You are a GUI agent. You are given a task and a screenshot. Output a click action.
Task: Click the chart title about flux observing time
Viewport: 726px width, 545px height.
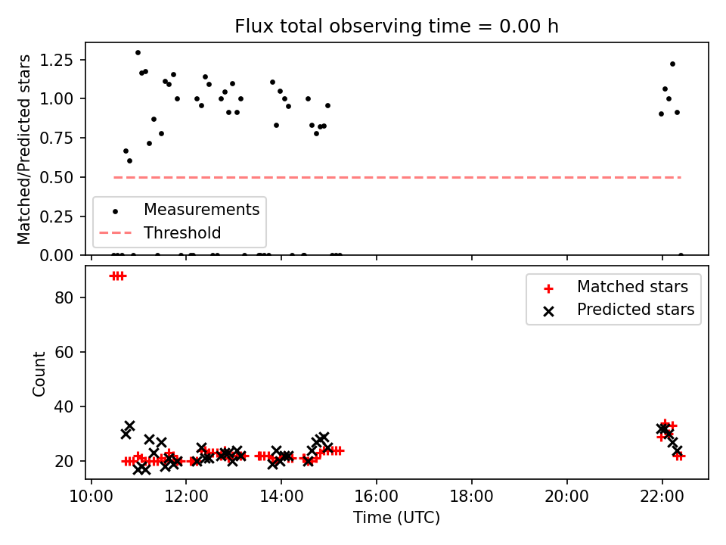pyautogui.click(x=396, y=26)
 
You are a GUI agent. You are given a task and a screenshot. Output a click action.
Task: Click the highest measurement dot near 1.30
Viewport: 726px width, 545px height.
pyautogui.click(x=138, y=53)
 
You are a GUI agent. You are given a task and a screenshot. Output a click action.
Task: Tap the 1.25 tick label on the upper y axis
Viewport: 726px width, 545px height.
pyautogui.click(x=56, y=60)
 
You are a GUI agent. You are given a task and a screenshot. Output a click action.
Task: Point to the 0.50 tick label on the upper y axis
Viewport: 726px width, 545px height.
pyautogui.click(x=56, y=177)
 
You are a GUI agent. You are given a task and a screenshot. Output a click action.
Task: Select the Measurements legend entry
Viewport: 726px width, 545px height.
pyautogui.click(x=180, y=210)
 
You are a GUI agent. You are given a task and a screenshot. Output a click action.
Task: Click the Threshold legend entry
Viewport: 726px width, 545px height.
pyautogui.click(x=160, y=232)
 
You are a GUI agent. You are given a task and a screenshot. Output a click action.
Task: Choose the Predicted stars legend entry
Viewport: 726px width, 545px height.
pyautogui.click(x=619, y=310)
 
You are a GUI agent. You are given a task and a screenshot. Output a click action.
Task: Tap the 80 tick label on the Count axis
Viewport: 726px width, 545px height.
pyautogui.click(x=64, y=297)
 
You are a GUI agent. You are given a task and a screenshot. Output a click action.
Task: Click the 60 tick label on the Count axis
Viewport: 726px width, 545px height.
pyautogui.click(x=64, y=352)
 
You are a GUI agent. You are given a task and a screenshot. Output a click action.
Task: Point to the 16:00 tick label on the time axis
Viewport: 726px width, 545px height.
pyautogui.click(x=377, y=497)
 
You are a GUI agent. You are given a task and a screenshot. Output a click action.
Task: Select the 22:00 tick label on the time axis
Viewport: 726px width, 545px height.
pyautogui.click(x=662, y=497)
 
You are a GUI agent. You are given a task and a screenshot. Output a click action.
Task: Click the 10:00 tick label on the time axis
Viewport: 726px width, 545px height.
pyautogui.click(x=92, y=497)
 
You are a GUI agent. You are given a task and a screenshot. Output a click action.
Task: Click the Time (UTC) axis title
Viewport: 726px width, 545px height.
pyautogui.click(x=396, y=517)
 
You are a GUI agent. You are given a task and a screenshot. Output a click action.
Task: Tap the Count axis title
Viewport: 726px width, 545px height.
pyautogui.click(x=39, y=373)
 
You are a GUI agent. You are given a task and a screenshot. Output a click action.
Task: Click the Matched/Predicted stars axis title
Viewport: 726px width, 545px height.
pyautogui.click(x=23, y=149)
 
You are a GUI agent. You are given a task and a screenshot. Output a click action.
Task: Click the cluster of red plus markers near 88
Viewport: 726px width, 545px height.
pyautogui.click(x=118, y=276)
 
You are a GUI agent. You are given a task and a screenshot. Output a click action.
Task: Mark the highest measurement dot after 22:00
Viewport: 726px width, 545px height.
pyautogui.click(x=672, y=64)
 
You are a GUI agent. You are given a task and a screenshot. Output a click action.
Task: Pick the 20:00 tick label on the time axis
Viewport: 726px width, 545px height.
pyautogui.click(x=566, y=497)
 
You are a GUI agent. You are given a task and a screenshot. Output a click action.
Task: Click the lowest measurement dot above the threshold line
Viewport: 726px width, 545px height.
pyautogui.click(x=129, y=160)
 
